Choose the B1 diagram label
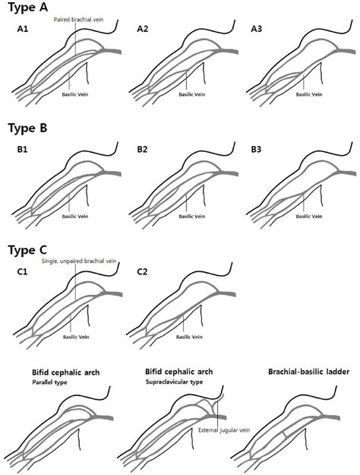coord(23,150)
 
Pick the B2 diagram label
coord(143,150)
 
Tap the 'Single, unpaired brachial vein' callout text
coord(86,261)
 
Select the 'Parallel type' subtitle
coord(52,382)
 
